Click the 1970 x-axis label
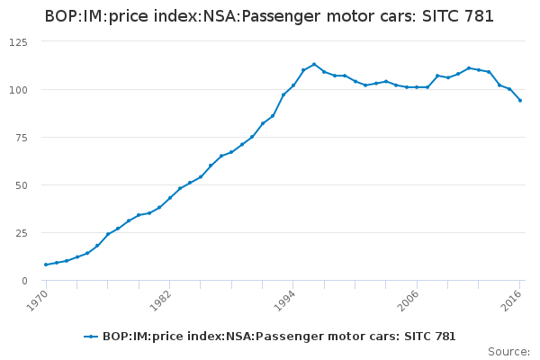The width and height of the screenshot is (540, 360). click(x=37, y=300)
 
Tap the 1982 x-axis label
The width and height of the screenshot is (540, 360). click(x=161, y=300)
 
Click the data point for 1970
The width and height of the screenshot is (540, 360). click(x=46, y=265)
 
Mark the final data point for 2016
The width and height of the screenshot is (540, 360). click(x=520, y=101)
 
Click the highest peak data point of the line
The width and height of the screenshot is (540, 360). click(x=314, y=65)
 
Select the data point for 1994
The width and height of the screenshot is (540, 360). click(x=293, y=85)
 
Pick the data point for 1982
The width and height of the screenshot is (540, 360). click(x=170, y=198)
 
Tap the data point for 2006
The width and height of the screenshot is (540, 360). click(x=417, y=87)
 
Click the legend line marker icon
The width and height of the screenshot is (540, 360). click(x=91, y=337)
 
